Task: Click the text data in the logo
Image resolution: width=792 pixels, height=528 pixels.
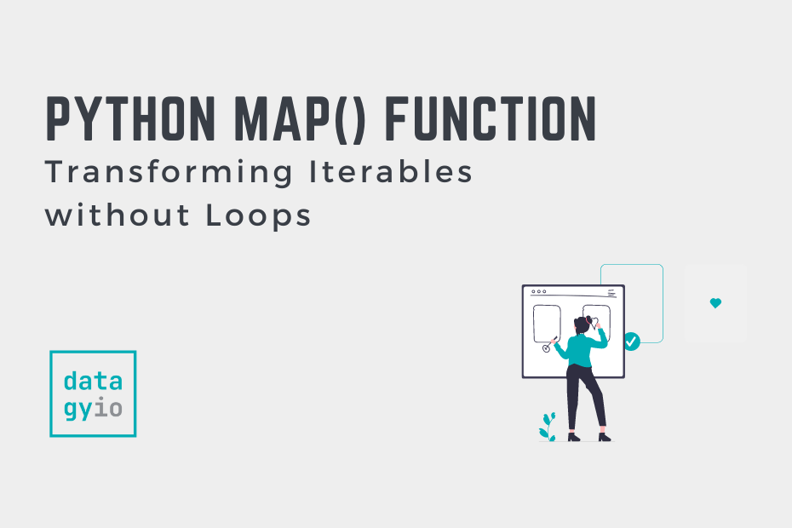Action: (x=93, y=381)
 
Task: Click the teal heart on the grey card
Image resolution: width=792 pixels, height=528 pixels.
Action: (x=715, y=303)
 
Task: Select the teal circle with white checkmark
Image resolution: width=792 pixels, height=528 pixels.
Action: (x=631, y=341)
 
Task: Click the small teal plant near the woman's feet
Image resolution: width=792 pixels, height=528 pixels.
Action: (x=547, y=427)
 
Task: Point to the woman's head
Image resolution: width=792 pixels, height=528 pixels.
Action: (x=583, y=324)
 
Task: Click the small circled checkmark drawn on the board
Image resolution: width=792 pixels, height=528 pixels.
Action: (x=546, y=349)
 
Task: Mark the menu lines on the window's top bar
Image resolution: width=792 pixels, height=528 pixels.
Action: (x=611, y=293)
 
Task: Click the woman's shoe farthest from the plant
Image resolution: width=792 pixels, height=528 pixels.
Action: (x=604, y=437)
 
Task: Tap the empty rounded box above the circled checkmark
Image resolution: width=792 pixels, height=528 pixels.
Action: (x=546, y=323)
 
